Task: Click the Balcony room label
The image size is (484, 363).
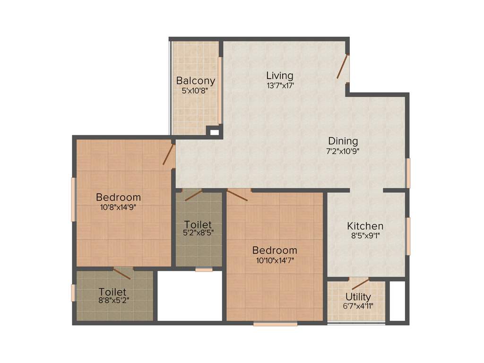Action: pyautogui.click(x=196, y=81)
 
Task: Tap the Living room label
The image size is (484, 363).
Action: pyautogui.click(x=280, y=75)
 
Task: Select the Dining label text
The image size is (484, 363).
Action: pyautogui.click(x=343, y=141)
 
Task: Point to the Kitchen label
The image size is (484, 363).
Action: pyautogui.click(x=365, y=226)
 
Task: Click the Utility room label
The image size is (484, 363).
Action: pyautogui.click(x=358, y=297)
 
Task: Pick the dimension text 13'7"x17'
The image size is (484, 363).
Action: pyautogui.click(x=280, y=86)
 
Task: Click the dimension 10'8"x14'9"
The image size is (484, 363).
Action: pyautogui.click(x=118, y=207)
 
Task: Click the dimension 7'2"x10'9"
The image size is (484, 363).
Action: pyautogui.click(x=343, y=151)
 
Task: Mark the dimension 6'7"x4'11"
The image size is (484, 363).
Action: pyautogui.click(x=358, y=306)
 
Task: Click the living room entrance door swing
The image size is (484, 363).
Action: pyautogui.click(x=343, y=66)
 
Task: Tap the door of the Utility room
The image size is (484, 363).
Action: pyautogui.click(x=360, y=284)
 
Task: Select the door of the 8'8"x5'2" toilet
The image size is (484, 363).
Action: pyautogui.click(x=122, y=271)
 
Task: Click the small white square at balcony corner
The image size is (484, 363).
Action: pyautogui.click(x=214, y=132)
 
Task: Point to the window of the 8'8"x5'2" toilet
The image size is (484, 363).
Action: pyautogui.click(x=73, y=293)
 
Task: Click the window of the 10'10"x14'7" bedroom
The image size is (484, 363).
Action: pyautogui.click(x=275, y=324)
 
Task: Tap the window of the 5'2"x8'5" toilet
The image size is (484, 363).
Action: pyautogui.click(x=204, y=270)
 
